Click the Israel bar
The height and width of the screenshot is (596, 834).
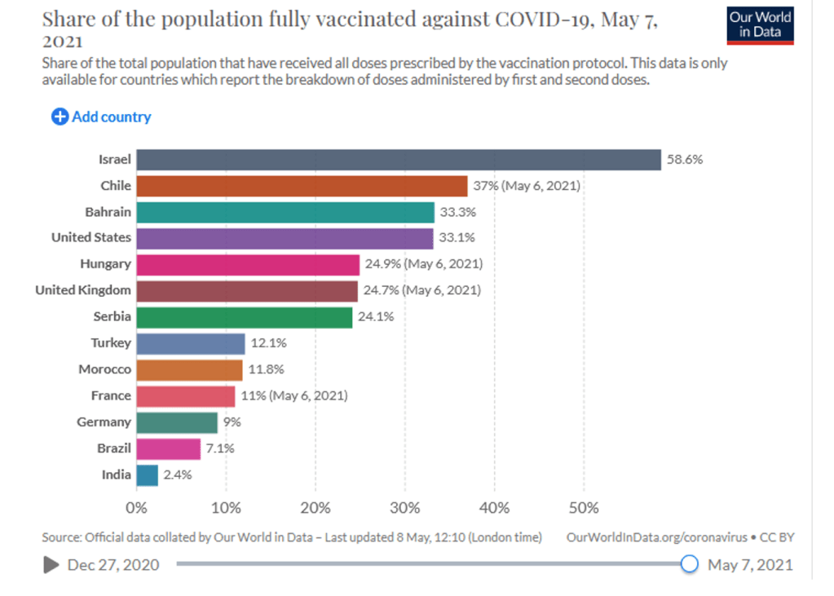[399, 160]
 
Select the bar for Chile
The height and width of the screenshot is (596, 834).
[302, 186]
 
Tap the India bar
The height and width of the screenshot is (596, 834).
[148, 475]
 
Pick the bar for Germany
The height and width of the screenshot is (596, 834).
[177, 422]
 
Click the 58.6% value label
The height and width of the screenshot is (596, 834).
[685, 160]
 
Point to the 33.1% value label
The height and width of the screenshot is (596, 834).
[457, 238]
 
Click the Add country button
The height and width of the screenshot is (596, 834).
[102, 117]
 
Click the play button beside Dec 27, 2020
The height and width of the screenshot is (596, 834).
[51, 564]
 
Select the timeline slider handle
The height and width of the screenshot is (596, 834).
[690, 563]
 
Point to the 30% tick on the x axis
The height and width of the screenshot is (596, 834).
[405, 508]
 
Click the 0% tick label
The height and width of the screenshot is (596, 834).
[136, 508]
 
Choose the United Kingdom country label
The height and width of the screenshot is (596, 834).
[83, 290]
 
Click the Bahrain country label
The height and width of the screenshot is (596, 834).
[108, 212]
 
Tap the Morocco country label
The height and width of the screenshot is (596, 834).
[104, 369]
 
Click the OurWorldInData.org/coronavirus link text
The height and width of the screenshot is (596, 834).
[656, 537]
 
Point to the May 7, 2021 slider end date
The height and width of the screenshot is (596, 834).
[750, 564]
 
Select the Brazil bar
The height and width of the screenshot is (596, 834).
[169, 448]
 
